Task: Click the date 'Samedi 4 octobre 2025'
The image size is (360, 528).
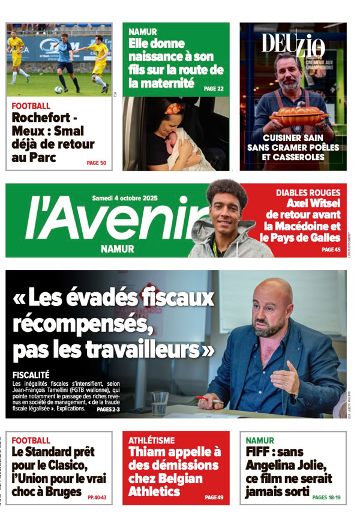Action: coord(125,197)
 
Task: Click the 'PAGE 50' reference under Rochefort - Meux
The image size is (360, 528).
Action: coord(96,163)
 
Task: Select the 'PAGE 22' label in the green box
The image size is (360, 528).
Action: coord(213,89)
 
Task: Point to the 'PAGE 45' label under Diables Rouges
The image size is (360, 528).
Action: coord(331,250)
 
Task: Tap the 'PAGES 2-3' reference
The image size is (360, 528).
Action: coord(108,409)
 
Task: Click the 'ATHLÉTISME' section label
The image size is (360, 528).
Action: coord(152,440)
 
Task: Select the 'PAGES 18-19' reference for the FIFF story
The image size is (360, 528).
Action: coord(326,497)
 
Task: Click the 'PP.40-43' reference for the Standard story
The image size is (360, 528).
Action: coord(97,497)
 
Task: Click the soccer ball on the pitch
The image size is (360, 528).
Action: coord(58,89)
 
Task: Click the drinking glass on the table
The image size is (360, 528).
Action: coord(160,403)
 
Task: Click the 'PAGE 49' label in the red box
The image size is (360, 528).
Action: coord(214,497)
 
